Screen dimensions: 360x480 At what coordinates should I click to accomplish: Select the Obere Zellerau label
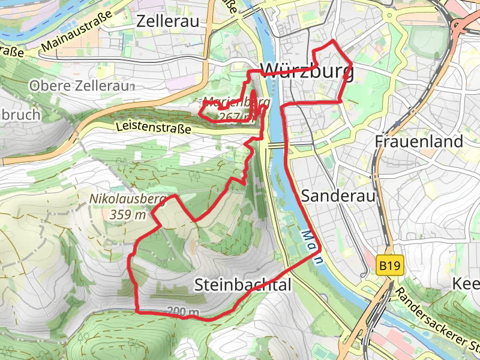[80, 86]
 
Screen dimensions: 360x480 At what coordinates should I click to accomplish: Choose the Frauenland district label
[419, 142]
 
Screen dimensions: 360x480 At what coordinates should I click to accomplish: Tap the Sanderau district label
[338, 196]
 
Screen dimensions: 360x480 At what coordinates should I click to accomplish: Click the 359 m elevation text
[128, 214]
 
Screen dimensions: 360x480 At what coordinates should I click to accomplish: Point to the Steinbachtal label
[242, 285]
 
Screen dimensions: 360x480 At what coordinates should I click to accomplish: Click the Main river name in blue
[313, 246]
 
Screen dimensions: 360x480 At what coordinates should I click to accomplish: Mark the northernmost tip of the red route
[333, 40]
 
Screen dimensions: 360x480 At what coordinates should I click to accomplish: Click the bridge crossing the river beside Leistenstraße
[276, 145]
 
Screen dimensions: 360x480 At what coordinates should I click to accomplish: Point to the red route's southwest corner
[138, 311]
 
